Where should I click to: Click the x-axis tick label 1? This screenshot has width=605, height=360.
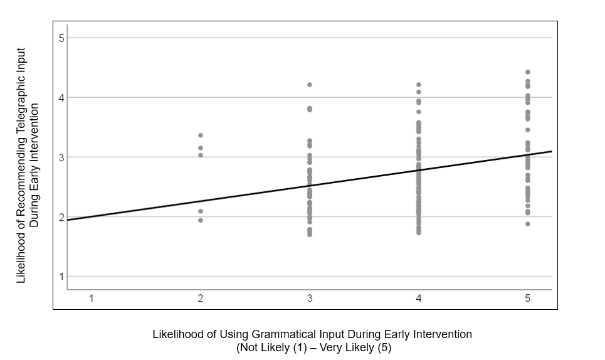[92, 299]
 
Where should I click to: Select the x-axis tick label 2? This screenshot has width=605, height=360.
[200, 299]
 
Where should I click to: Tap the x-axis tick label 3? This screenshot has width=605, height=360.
[310, 299]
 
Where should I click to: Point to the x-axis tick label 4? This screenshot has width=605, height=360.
[419, 299]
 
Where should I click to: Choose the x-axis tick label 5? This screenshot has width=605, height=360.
[527, 299]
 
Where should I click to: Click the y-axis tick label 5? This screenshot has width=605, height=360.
[61, 38]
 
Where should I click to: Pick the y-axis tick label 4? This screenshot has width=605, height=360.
[61, 98]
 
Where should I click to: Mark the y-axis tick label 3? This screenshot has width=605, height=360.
[61, 157]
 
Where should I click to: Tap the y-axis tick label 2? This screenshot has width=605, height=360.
[61, 217]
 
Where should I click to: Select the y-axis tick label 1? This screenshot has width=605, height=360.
[61, 277]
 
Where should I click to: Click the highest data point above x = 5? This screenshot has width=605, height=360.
[528, 72]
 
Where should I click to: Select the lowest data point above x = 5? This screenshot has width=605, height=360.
[528, 224]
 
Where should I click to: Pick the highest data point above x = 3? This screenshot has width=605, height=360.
[310, 85]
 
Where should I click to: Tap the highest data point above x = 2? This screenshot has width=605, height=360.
[201, 135]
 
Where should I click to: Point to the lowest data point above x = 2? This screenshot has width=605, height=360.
[201, 220]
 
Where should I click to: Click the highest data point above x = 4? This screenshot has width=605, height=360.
[419, 85]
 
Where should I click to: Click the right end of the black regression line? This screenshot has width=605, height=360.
[552, 151]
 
